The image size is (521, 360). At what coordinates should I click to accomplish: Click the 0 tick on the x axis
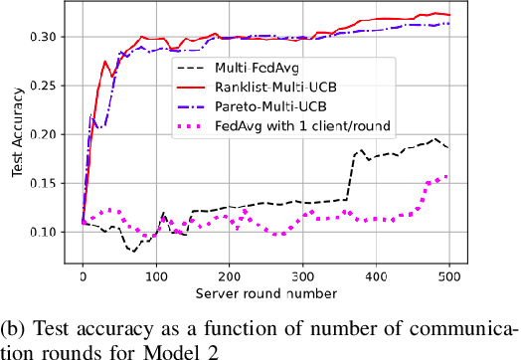83,275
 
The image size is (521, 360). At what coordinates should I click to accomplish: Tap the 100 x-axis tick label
156,275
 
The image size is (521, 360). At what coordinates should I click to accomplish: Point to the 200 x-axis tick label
229,275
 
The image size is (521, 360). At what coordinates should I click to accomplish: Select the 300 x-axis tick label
302,275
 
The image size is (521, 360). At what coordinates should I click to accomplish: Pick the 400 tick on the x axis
376,275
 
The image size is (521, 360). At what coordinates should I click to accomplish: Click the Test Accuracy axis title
16,139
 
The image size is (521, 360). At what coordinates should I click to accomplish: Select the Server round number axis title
265,293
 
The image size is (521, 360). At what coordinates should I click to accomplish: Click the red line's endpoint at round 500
449,15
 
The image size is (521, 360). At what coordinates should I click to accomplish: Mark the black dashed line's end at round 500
449,147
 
